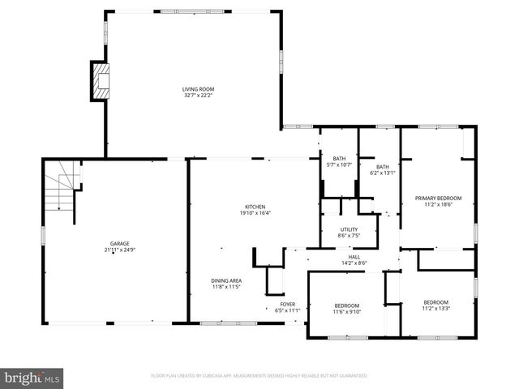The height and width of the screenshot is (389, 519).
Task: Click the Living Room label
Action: click(198, 89)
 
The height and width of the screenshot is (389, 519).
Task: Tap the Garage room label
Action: click(120, 243)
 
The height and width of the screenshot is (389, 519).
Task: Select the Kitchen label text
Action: click(255, 207)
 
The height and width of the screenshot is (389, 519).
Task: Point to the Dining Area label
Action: click(227, 280)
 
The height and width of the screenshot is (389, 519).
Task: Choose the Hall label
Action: click(354, 256)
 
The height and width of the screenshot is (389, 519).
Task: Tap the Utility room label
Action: click(349, 229)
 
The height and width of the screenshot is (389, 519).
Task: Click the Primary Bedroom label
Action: click(438, 199)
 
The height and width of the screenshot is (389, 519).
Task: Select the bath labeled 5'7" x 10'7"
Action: click(339, 161)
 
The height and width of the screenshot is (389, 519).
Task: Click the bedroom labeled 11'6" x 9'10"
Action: click(347, 308)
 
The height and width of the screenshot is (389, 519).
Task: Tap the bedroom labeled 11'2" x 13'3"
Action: click(435, 305)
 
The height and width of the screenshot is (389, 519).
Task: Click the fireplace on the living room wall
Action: click(100, 81)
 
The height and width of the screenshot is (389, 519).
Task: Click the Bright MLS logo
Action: click(32, 377)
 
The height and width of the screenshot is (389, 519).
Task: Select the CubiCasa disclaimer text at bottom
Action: click(259, 376)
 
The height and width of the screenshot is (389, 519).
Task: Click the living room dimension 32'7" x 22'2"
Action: click(198, 96)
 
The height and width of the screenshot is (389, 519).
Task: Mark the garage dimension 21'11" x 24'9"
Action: click(120, 250)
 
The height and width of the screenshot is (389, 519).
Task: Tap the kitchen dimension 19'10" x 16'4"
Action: click(255, 213)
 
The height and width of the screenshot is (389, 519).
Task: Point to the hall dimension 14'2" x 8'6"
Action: click(354, 263)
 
